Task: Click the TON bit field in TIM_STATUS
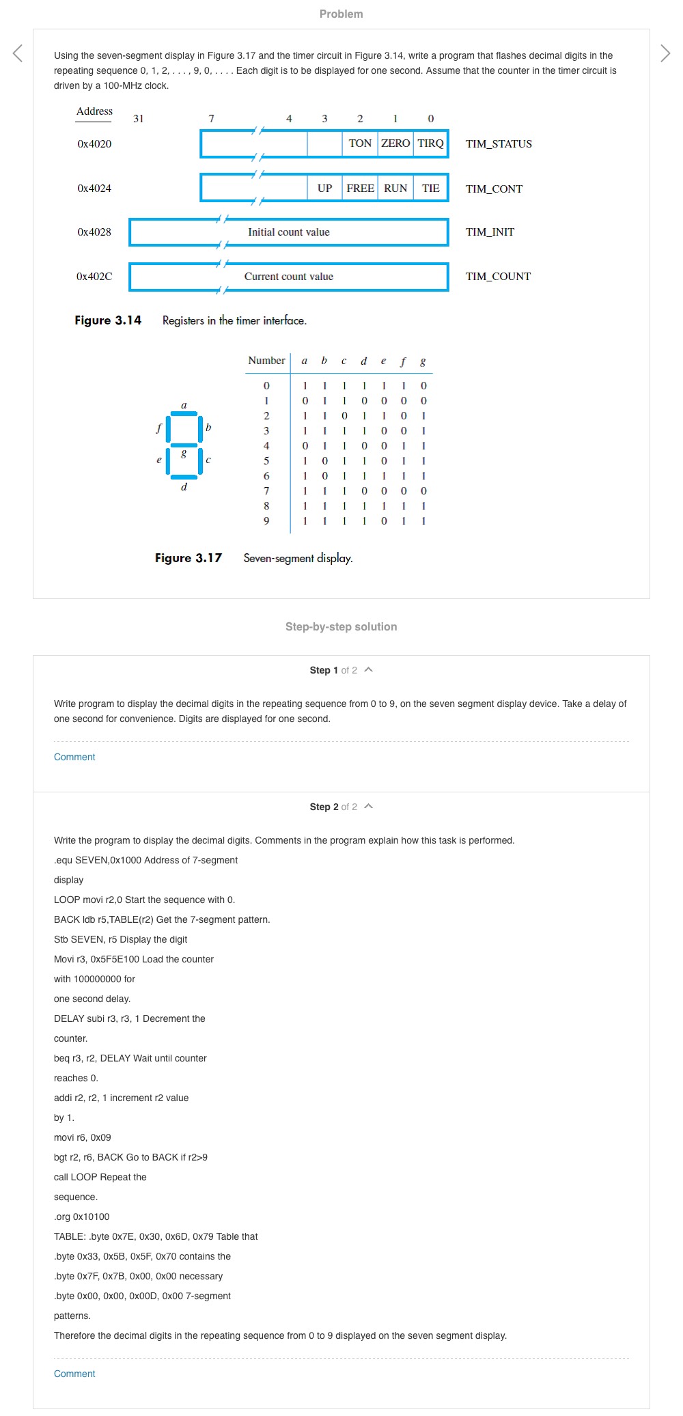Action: (x=360, y=143)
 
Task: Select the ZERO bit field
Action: (x=395, y=143)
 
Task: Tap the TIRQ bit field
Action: (x=430, y=143)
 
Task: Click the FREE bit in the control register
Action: (x=360, y=189)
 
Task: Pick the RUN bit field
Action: (x=395, y=189)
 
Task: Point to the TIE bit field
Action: (x=430, y=189)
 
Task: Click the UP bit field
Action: (x=324, y=189)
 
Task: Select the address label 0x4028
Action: (x=94, y=232)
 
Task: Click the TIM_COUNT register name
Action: (x=498, y=277)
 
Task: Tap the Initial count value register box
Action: (x=288, y=232)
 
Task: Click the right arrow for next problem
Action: (x=665, y=53)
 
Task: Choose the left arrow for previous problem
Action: (x=18, y=53)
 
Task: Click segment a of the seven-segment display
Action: (x=184, y=413)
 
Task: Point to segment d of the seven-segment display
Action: (x=184, y=477)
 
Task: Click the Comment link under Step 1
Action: (x=74, y=757)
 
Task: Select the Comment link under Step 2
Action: (x=74, y=1374)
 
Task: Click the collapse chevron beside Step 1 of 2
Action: (x=369, y=670)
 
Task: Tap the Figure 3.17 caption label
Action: (x=189, y=558)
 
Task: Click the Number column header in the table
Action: (x=266, y=361)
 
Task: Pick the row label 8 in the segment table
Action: (x=266, y=506)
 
